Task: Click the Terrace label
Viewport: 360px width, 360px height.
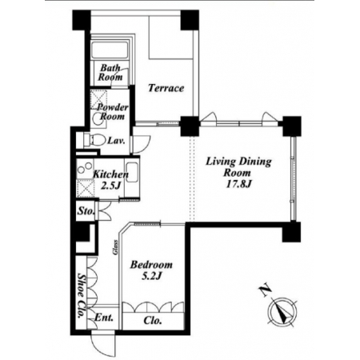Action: click(166, 88)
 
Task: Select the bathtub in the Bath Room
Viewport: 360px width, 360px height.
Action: click(110, 50)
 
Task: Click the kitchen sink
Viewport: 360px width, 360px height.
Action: click(131, 172)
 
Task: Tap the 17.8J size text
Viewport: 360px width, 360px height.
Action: click(239, 184)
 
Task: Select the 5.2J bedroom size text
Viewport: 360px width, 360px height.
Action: click(151, 277)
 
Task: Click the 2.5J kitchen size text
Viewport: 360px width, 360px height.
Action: click(110, 186)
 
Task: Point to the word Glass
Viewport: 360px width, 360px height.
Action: click(115, 247)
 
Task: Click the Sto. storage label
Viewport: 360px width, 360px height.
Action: click(86, 211)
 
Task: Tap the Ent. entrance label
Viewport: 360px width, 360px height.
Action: click(104, 318)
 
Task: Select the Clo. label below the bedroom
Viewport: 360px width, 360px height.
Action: click(153, 320)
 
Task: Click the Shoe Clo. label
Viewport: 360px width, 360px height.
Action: click(81, 295)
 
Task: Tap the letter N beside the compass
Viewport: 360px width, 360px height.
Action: click(265, 291)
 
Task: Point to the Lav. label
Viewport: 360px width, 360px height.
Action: click(116, 141)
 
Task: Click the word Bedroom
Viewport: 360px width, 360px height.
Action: click(151, 265)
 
